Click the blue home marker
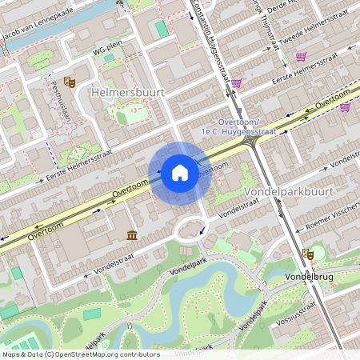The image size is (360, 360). pos(180,173)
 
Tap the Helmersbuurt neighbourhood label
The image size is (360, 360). pos(129,93)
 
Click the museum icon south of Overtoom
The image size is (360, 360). pos(132,234)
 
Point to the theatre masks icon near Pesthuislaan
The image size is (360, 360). pos(70,82)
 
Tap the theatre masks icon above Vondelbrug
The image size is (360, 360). pos(307,254)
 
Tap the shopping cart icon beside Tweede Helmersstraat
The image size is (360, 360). pos(301,57)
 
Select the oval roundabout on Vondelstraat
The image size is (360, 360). pos(190,230)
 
